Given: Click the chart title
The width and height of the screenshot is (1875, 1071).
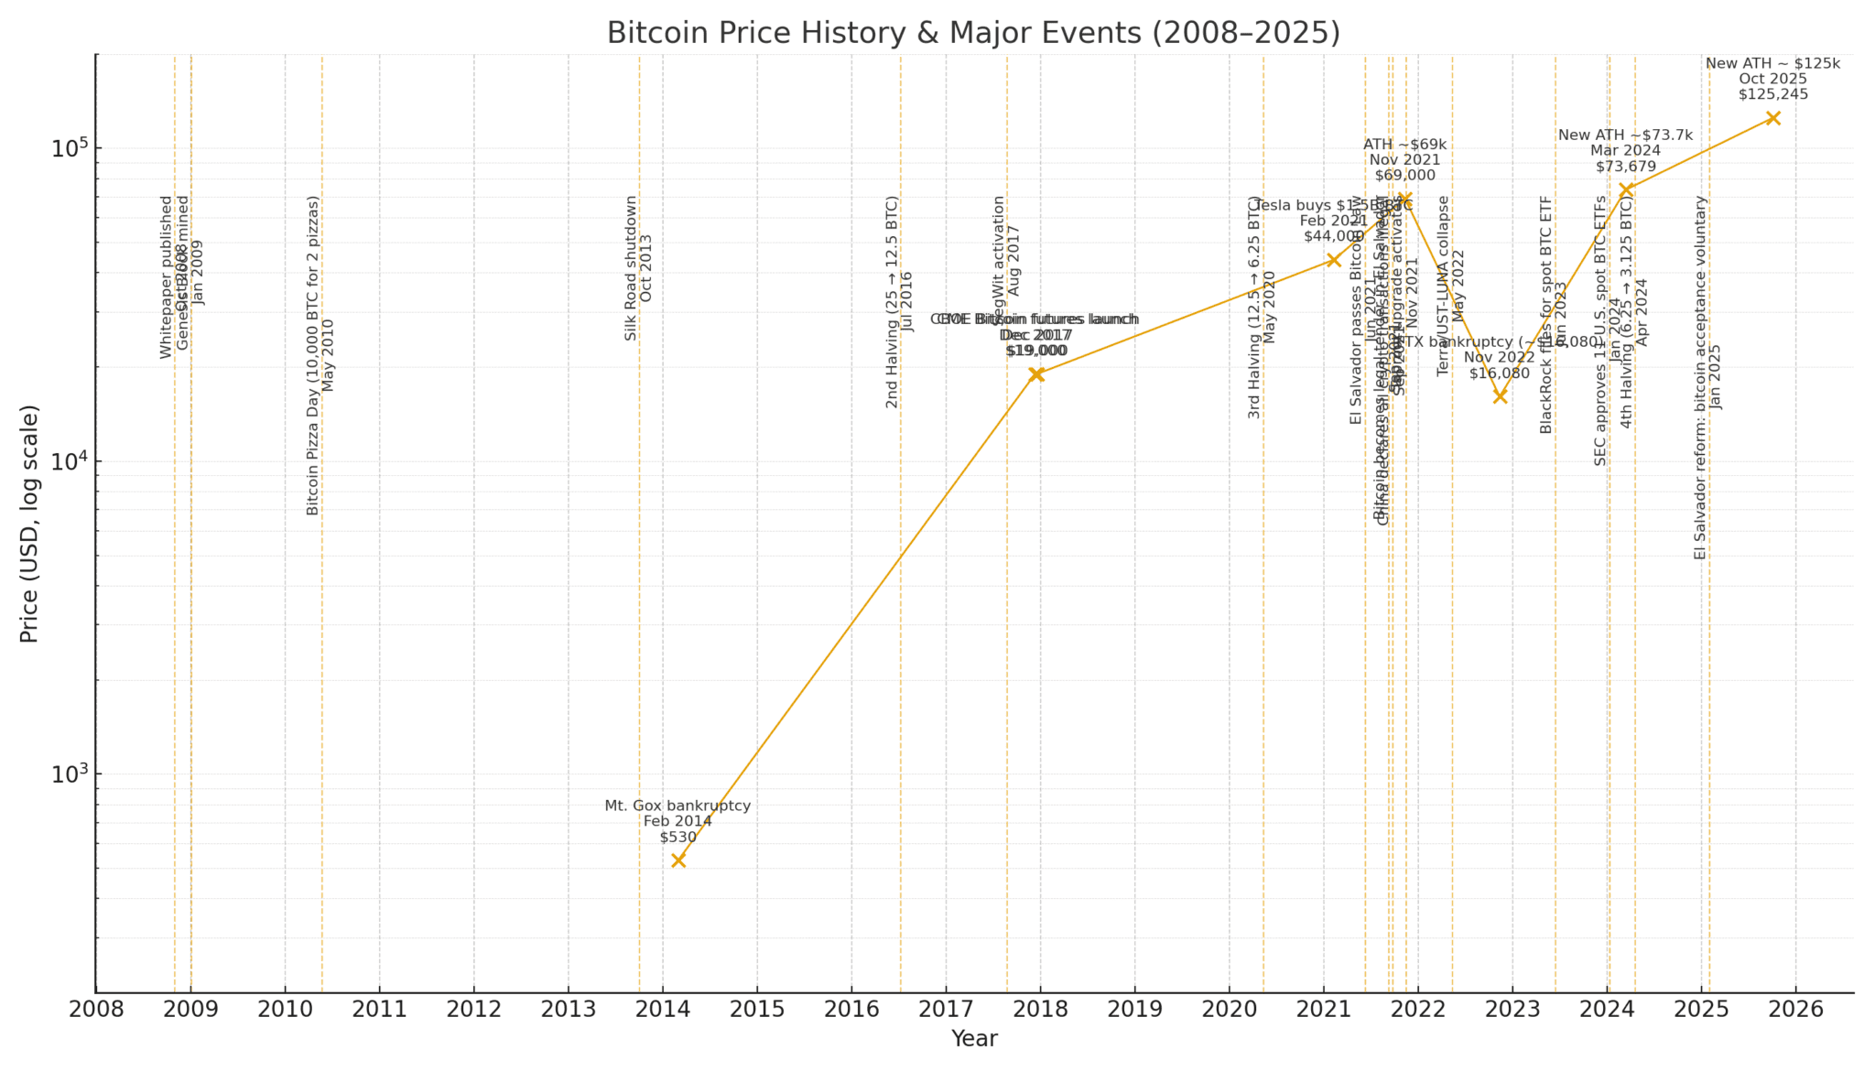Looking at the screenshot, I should [973, 33].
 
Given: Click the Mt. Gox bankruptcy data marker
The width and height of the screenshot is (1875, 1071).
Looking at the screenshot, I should [678, 860].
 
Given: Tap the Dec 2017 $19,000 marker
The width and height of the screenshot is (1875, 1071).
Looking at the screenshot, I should [1036, 373].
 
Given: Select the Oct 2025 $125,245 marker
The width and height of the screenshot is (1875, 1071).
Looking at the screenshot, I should [1772, 117].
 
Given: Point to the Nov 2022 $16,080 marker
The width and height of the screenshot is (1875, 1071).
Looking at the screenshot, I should [1500, 396].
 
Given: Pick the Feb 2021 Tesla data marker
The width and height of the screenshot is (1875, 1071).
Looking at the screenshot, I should [1333, 260].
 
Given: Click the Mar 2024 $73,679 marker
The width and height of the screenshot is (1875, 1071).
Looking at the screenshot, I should [1626, 189].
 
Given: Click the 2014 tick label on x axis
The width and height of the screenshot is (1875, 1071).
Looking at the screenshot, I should [663, 1010].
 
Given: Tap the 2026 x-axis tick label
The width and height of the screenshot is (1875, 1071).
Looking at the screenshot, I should [1795, 1010].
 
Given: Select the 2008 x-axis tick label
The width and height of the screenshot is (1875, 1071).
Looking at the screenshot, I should [96, 1010].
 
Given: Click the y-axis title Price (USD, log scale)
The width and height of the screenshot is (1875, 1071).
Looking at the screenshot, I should [29, 524].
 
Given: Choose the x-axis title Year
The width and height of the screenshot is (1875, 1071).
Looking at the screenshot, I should [973, 1039].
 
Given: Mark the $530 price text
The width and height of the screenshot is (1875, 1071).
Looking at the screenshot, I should [677, 837].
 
